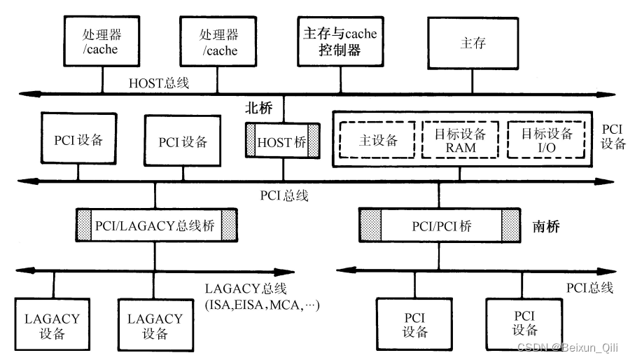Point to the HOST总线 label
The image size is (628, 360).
coord(158,83)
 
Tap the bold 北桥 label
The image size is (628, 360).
coord(260,109)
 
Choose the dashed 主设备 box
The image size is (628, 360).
coord(377,140)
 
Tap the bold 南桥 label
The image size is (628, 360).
coord(547,227)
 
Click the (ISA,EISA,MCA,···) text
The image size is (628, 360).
coord(260,305)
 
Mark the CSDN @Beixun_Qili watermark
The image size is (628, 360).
coord(570,347)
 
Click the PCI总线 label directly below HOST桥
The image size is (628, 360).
coord(285,197)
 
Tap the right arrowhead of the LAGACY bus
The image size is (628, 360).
coord(288,271)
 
